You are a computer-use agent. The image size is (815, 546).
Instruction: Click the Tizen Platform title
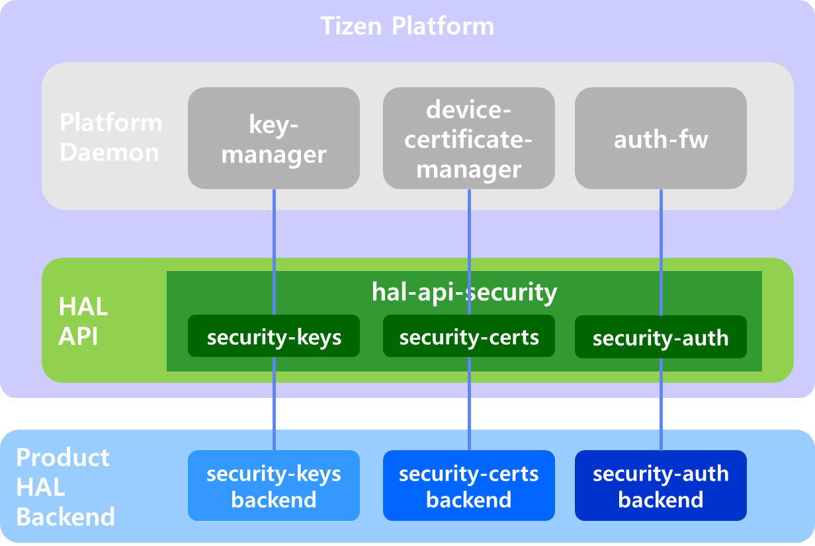point(407,26)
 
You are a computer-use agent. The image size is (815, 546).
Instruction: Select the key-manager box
point(274,138)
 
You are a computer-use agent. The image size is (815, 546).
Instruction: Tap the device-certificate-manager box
point(469,138)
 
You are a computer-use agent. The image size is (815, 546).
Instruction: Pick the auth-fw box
point(660,139)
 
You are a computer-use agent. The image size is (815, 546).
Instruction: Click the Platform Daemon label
point(110,137)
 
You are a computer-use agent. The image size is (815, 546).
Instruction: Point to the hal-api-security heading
point(464,292)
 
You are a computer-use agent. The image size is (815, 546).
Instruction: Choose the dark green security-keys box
point(274,336)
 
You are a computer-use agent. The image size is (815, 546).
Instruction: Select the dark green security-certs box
point(469,336)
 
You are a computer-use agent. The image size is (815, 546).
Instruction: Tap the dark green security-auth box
point(660,337)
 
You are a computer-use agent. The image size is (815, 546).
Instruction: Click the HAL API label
point(83,321)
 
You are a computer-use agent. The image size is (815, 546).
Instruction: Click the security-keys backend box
point(274,486)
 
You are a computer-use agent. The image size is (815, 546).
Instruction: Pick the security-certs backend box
point(469,486)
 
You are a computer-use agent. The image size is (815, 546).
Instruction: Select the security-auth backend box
point(660,486)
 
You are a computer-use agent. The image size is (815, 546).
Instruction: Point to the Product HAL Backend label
point(65,487)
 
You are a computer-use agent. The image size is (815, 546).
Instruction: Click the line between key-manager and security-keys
point(274,231)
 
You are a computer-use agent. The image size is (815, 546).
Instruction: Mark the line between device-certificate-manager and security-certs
point(469,231)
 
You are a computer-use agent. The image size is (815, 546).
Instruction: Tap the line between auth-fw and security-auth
point(661,231)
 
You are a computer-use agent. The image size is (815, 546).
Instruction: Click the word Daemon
point(109,152)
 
